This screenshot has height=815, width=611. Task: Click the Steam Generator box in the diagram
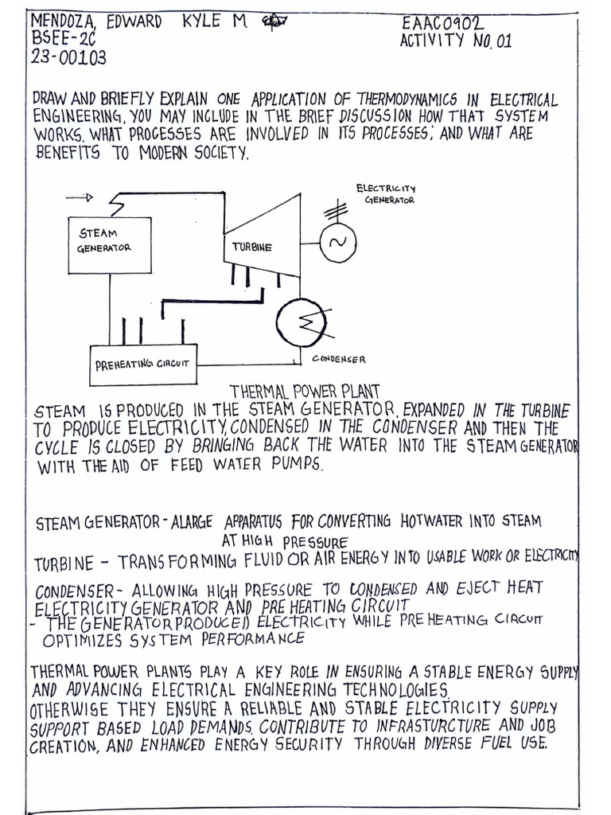coord(109,244)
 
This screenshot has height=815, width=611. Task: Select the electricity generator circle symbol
coord(337,244)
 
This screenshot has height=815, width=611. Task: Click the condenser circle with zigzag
coord(296,322)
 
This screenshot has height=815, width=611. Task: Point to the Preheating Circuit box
coord(143,364)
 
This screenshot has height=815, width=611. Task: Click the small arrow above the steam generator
coord(80,197)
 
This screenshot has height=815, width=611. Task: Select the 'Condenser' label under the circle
coord(339,360)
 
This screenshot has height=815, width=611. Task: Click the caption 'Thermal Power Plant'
coord(305,391)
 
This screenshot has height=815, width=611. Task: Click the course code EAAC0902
coord(442,24)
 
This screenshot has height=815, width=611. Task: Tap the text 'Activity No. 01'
coord(456,41)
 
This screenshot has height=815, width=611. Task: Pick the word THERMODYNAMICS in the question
coord(400,99)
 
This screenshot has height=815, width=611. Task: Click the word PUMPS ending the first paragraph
coord(299,466)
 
